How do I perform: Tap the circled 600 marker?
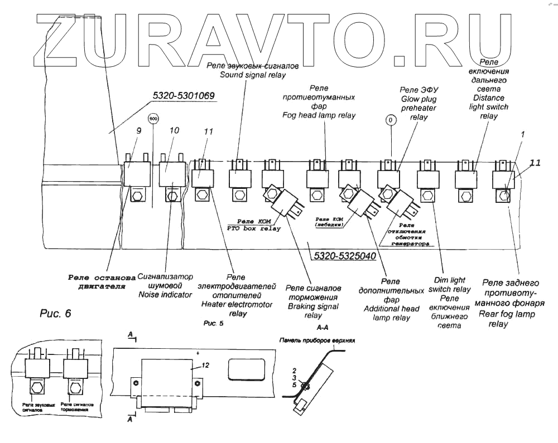(x=153, y=119)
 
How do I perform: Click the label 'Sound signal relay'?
(x=252, y=75)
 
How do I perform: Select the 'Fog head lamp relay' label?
(x=319, y=115)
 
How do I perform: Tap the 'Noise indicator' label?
(x=165, y=294)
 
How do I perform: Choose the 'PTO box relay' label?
(x=254, y=228)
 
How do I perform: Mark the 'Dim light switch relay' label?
(x=449, y=285)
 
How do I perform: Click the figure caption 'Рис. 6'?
(x=56, y=314)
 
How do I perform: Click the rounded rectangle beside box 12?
(x=246, y=368)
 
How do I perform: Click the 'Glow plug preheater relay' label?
(x=419, y=108)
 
